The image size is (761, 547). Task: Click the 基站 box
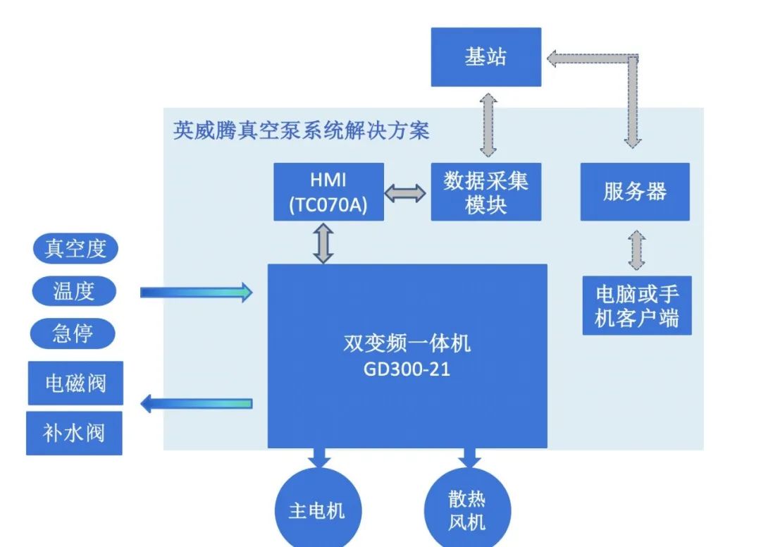485,57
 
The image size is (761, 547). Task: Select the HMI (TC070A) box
328,192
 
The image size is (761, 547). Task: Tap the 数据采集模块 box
485,192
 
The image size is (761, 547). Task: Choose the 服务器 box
635,192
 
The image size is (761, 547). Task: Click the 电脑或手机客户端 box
637,305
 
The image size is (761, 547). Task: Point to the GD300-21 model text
407,369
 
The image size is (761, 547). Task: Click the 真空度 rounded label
75,249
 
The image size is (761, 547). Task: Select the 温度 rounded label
73,291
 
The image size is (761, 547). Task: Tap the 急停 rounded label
73,333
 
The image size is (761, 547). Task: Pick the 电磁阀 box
75,383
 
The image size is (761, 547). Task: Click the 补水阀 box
74,433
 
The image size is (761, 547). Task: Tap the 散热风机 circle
467,510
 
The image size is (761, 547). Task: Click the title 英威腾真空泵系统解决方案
301,130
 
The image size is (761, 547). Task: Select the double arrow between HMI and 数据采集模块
404,193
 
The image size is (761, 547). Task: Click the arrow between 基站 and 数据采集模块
488,125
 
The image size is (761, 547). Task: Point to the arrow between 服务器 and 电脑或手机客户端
636,249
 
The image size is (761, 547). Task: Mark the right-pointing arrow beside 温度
196,292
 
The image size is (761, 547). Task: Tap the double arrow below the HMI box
323,242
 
